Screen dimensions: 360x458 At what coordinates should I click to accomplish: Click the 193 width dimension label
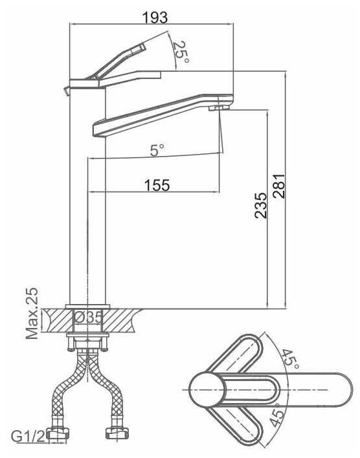(155, 17)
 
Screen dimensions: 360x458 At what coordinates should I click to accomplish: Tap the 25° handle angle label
(181, 52)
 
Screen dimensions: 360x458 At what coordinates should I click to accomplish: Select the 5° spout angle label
(157, 150)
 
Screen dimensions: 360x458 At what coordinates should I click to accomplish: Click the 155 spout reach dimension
(157, 185)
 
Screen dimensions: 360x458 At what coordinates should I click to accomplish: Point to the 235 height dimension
(260, 205)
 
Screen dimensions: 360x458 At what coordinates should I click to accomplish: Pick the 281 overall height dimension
(278, 186)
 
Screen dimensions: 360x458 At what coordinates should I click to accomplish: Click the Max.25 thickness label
(32, 313)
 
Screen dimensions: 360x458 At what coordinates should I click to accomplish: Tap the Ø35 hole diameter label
(88, 317)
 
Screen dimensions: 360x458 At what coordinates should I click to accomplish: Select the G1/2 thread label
(28, 437)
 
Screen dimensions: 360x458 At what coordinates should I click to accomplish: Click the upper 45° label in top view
(290, 359)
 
